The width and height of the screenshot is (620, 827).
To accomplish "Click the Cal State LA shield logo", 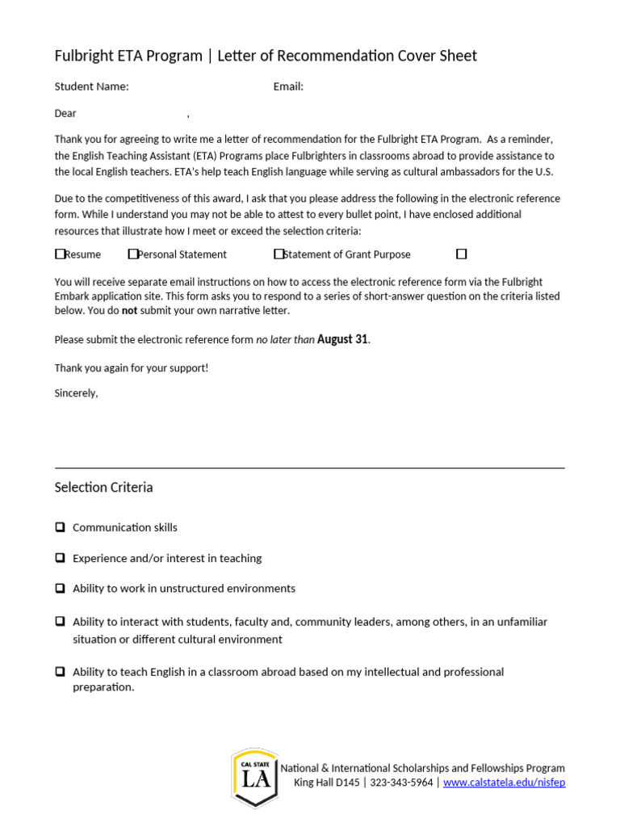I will pos(255,777).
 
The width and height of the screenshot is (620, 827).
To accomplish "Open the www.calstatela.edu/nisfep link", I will pos(504,783).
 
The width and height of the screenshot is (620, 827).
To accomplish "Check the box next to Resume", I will pos(61,254).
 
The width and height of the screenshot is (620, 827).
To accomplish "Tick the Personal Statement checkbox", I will pos(133,254).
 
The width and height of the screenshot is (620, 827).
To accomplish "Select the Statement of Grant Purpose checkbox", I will pos(279,254).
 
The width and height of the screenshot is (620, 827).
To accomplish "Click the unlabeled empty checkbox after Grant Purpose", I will pos(462,254).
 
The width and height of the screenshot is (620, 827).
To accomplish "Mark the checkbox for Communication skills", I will pos(61,527).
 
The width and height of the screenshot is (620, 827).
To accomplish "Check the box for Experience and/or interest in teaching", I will pos(61,558).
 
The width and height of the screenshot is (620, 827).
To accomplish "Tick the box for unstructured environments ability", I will pos(61,589).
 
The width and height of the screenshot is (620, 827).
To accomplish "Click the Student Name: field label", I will pos(91,86).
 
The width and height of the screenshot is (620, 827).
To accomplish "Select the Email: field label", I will pos(288,86).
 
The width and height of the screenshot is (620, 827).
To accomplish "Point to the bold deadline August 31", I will pos(342,339).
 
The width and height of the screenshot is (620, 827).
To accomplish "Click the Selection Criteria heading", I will pos(103,487).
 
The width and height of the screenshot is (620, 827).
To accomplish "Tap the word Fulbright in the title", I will pos(86,56).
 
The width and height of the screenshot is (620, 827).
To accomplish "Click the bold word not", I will pos(129,311).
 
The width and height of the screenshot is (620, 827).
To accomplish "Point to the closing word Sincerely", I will pos(76,393).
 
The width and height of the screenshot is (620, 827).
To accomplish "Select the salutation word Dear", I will pos(65,114).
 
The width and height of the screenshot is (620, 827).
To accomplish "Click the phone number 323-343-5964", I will pos(401,783).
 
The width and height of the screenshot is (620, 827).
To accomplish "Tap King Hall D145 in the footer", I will pos(327,783).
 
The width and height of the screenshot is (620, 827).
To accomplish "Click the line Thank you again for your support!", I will pos(131,367).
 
